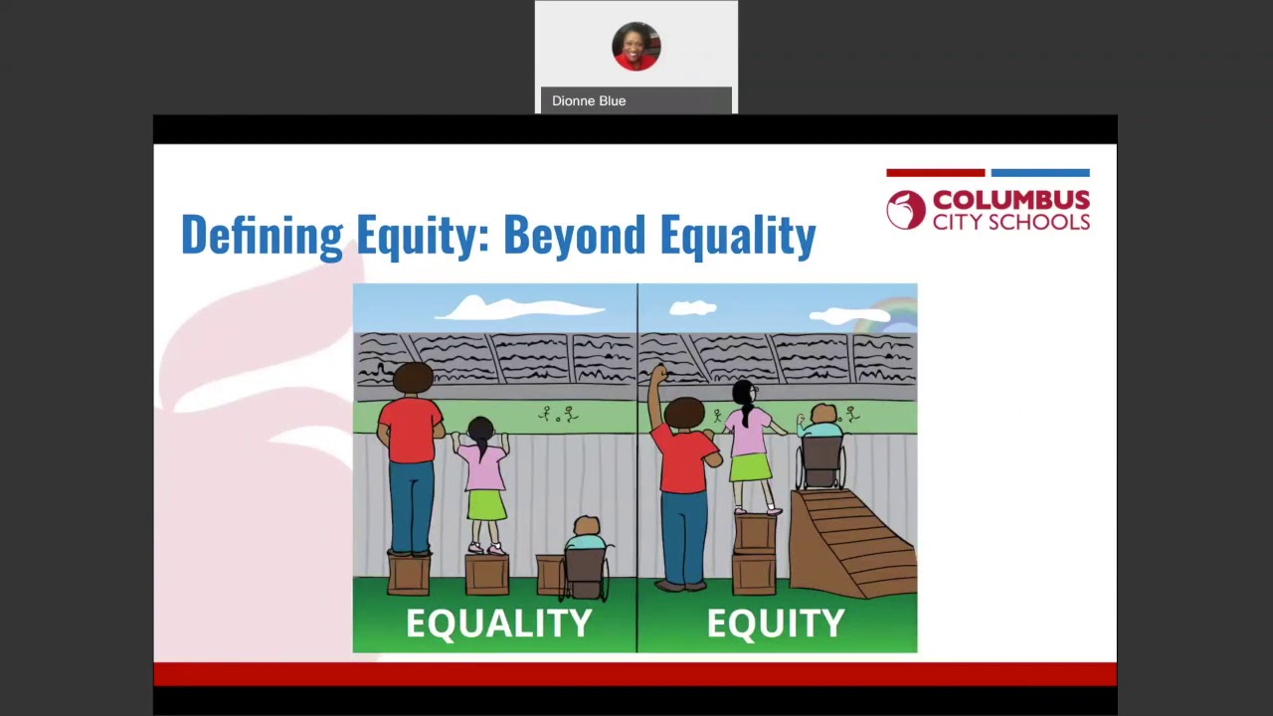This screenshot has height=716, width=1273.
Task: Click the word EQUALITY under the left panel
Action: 498,624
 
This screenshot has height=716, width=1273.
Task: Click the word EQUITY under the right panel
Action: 776,624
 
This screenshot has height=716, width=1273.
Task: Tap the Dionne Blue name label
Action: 589,100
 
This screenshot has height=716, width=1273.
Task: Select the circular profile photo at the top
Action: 636,46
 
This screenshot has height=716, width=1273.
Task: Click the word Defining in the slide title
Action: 262,236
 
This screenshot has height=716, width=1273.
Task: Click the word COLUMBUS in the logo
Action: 1010,201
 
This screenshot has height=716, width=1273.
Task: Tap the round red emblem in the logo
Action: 905,211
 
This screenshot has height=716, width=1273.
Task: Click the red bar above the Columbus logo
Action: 935,173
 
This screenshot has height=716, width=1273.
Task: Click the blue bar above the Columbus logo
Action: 1040,173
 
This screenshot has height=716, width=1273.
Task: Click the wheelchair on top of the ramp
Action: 820,463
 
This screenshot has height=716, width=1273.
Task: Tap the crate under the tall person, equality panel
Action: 409,574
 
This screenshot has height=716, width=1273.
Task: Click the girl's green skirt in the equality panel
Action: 486,504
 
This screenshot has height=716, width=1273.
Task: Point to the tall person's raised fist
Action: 657,374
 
